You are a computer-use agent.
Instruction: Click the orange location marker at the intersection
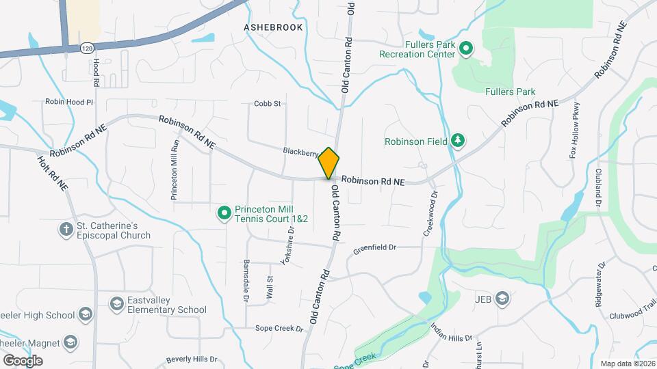328,163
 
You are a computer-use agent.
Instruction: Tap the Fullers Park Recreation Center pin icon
465,49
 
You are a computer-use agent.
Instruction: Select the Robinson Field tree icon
457,141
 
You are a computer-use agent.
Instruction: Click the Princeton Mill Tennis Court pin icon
224,213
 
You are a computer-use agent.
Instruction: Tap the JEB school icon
503,299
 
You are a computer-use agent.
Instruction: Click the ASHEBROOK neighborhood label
273,27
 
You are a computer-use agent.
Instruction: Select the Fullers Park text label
510,92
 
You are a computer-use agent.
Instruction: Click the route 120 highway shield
86,49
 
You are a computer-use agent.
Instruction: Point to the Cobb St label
268,104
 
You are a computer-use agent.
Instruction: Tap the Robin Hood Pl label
68,102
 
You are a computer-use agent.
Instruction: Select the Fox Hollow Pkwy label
575,130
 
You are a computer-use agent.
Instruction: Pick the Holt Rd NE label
53,172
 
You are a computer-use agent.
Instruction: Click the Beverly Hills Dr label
192,359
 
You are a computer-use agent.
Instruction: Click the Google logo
23,360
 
